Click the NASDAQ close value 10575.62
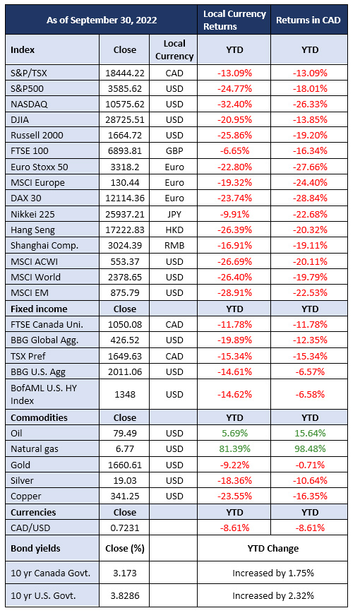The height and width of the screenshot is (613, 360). [125, 105]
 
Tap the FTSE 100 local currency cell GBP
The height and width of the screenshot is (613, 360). [174, 151]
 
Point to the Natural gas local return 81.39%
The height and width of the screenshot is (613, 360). [234, 449]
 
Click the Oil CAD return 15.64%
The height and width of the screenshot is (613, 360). [310, 433]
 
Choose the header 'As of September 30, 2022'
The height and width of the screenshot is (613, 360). [102, 20]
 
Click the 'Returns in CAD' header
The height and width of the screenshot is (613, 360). [308, 20]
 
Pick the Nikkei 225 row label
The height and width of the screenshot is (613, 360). [32, 214]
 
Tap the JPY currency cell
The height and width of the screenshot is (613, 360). [174, 214]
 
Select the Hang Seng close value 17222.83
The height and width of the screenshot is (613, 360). [125, 230]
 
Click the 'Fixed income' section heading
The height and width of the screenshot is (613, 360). [39, 309]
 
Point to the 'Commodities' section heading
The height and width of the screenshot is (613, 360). [39, 417]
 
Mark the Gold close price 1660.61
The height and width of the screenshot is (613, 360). [125, 465]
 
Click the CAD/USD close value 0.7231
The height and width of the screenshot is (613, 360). [125, 528]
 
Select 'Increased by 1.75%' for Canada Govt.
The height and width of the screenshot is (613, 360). [273, 573]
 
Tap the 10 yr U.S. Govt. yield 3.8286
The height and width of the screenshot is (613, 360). [125, 596]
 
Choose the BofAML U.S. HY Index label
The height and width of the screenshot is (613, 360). [44, 394]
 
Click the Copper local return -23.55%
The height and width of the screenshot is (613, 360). [234, 496]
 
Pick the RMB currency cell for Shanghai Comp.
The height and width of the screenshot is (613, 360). [174, 246]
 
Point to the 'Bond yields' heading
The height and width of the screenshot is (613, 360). [35, 548]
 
